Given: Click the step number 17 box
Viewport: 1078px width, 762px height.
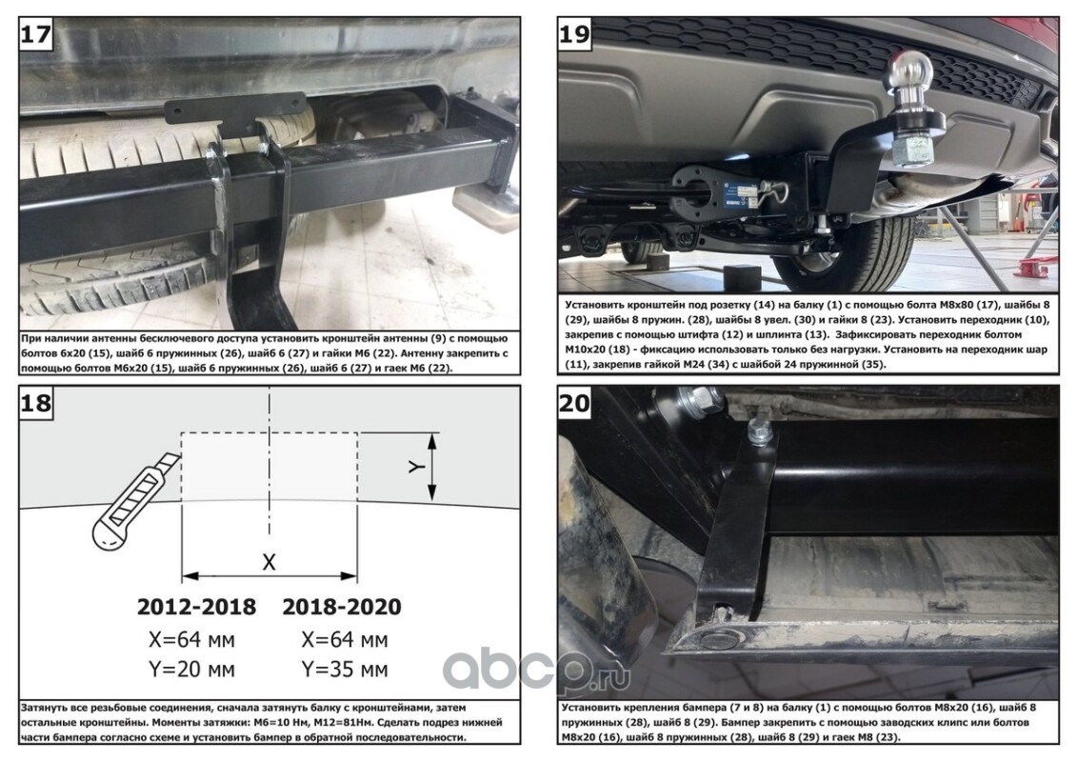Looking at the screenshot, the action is tap(36, 33).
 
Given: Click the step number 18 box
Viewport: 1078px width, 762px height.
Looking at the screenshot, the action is tap(36, 402).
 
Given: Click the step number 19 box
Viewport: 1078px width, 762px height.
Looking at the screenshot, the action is tap(575, 33).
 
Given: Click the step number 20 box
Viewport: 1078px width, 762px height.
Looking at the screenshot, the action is tap(575, 402).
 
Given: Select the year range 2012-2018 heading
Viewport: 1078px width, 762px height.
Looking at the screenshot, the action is tap(196, 607).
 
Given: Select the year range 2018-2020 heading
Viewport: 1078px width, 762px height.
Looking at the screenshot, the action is tap(342, 607).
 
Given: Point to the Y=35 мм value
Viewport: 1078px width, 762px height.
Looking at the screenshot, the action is tap(345, 670).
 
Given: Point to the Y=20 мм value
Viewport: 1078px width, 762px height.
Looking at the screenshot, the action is tap(191, 670).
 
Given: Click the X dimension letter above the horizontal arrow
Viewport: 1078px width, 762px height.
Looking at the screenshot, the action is tap(269, 562).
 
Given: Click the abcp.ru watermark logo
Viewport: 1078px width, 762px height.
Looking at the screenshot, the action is tap(536, 669).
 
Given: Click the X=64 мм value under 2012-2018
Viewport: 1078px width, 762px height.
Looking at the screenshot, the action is tap(191, 639).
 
